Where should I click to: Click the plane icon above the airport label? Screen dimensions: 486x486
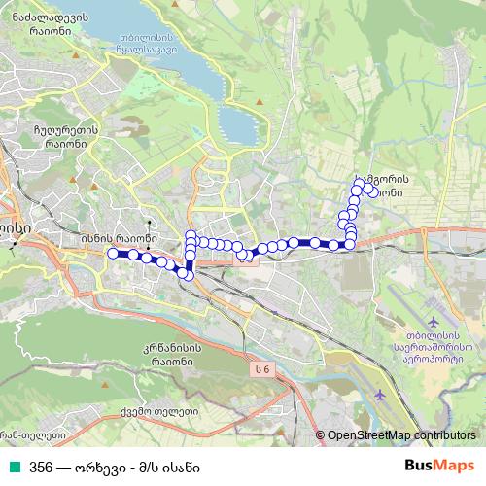point(433,321)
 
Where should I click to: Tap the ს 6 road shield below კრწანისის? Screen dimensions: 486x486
point(260,368)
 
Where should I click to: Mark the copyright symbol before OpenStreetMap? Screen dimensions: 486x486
point(320,436)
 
